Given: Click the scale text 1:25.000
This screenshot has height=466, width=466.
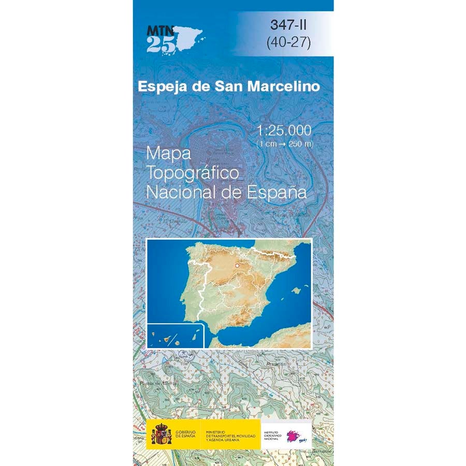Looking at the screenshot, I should [284, 130].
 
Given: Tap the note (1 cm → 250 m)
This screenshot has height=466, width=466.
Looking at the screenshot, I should [284, 143].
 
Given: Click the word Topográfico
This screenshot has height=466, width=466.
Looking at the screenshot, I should [193, 172].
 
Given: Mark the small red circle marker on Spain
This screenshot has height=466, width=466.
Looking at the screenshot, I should [237, 266].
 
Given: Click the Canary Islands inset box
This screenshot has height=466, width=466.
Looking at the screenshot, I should [177, 336].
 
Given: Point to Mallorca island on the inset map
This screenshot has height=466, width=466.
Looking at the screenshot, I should [296, 290].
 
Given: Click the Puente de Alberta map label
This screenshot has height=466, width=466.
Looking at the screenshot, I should [158, 383].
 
